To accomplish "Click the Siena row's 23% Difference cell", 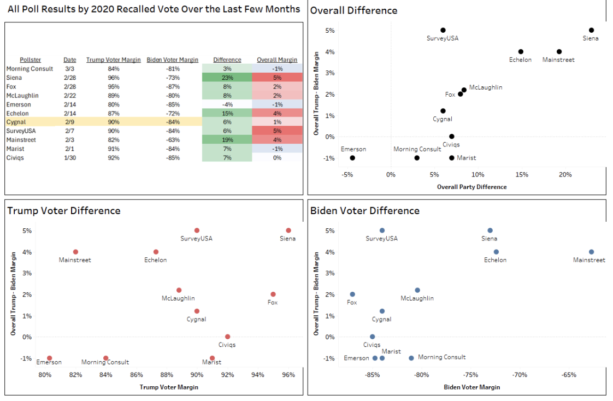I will pos(227,78).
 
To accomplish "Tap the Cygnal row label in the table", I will pos(17,122).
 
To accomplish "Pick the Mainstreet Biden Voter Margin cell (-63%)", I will pos(172,140).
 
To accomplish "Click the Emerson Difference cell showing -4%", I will pos(227,104).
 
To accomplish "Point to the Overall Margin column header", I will pos(277,60).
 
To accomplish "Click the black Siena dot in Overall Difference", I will pos(591,30).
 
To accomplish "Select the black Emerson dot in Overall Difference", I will pos(352,158).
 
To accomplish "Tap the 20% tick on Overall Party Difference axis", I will pos(565,175).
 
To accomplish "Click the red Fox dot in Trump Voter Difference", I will pos(273,294).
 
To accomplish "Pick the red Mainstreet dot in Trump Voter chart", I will pos(75,252).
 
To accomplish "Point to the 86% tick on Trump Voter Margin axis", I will pos(137,375).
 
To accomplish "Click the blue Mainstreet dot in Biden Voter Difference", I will pos(591,252).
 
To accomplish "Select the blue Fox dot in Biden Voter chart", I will pos(352,294).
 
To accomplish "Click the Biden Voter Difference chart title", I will pos(364,210).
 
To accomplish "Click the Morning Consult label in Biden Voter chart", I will pos(441,357).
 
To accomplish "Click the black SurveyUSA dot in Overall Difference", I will pos(443,30).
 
